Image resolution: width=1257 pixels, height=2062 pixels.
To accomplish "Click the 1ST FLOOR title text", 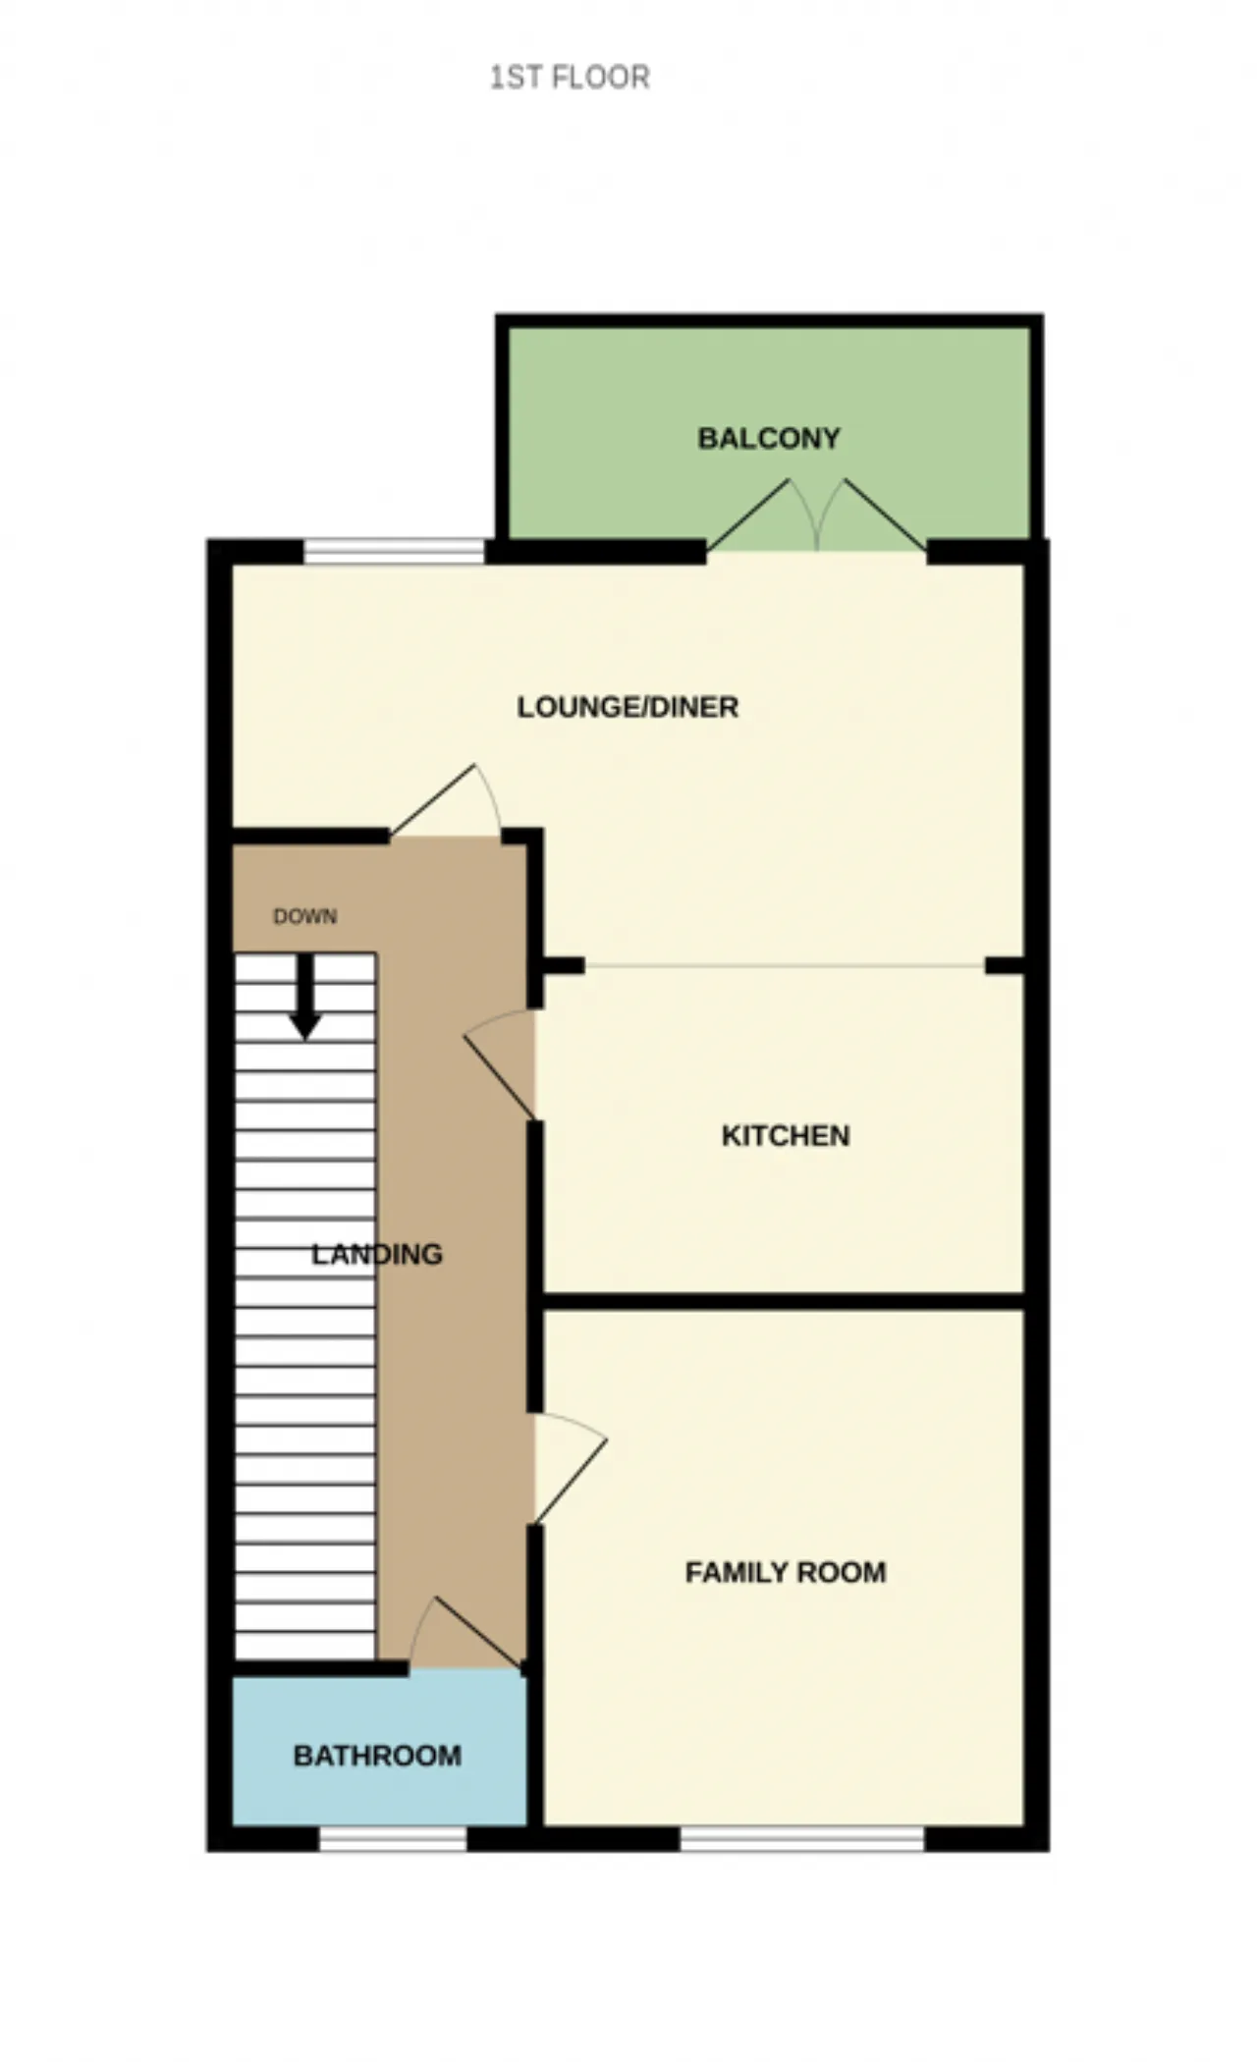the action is click(x=570, y=77).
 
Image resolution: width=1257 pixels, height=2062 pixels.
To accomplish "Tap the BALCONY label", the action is click(x=769, y=438).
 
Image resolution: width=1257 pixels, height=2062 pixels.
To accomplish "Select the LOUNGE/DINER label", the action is click(x=628, y=707).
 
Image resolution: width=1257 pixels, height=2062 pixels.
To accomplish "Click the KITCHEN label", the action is click(x=786, y=1136).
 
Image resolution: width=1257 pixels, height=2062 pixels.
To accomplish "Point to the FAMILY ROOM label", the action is click(x=786, y=1572).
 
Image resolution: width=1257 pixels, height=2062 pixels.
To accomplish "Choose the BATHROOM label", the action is click(x=377, y=1755).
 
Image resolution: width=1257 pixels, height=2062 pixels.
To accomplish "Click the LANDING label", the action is click(x=377, y=1254).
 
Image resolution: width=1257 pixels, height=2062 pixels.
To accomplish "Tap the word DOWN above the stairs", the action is click(x=304, y=916).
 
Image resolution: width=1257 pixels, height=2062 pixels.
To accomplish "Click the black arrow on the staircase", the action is click(x=305, y=996).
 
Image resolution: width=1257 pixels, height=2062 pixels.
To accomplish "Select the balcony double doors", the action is click(x=817, y=515).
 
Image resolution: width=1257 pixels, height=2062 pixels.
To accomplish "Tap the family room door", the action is click(x=570, y=1469).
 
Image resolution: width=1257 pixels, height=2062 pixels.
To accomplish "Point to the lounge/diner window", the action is click(x=395, y=551).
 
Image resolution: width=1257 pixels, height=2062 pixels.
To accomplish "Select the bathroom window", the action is click(x=393, y=1838).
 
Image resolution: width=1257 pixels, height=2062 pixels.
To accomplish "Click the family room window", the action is click(x=802, y=1838).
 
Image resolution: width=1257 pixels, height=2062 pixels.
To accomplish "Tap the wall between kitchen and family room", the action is click(x=785, y=1302).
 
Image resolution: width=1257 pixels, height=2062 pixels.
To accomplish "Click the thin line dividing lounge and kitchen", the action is click(x=785, y=966).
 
